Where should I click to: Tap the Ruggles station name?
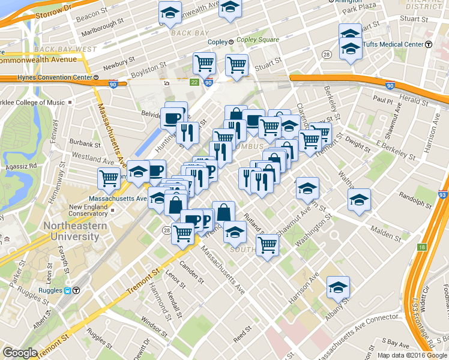tap(53, 290)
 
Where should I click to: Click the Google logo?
tap(20, 353)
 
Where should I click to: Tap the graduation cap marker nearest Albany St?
tap(338, 287)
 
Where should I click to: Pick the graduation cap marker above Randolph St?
tap(359, 199)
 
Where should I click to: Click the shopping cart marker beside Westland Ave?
tap(109, 178)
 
